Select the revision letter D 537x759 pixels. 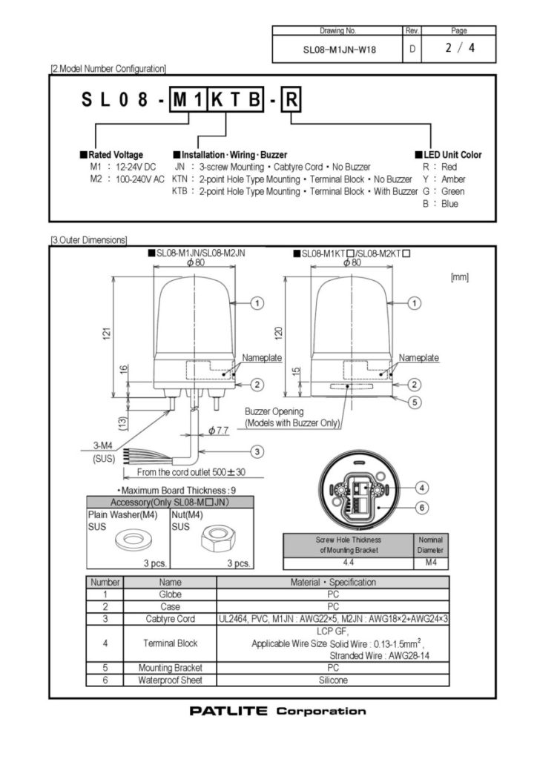click(x=412, y=50)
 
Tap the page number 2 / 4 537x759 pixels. click(x=459, y=50)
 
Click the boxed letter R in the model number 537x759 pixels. click(x=291, y=101)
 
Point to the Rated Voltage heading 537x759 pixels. click(x=115, y=155)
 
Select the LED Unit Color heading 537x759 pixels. click(x=452, y=155)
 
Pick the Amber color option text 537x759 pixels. click(x=453, y=179)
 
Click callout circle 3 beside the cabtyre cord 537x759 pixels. click(x=257, y=451)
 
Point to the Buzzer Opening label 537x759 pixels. click(x=275, y=411)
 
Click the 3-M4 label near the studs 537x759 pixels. click(x=103, y=447)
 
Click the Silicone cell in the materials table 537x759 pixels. click(x=333, y=680)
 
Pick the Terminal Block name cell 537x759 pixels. click(x=170, y=643)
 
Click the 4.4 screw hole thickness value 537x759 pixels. click(x=348, y=563)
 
